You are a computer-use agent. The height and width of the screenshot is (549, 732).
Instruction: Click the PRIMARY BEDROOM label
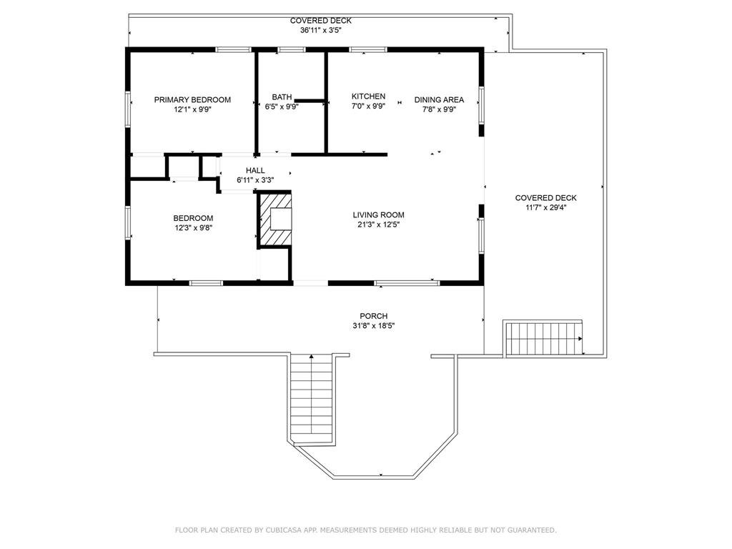[192, 99]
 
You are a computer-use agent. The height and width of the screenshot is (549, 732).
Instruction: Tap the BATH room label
[282, 97]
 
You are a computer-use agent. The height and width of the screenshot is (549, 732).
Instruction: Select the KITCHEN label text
[368, 97]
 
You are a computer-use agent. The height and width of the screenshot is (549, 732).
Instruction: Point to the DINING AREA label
[439, 100]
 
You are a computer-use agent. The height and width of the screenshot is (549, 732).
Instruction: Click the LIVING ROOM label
[378, 214]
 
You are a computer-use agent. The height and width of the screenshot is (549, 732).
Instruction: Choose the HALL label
[255, 171]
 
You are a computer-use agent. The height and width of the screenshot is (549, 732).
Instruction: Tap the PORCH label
[374, 316]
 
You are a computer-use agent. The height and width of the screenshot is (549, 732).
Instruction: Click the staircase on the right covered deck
[544, 339]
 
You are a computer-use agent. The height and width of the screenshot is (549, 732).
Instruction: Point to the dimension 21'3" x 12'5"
[378, 224]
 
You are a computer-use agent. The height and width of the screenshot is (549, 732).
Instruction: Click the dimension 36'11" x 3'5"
[320, 30]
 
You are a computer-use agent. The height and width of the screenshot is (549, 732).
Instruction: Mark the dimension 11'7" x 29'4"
[545, 208]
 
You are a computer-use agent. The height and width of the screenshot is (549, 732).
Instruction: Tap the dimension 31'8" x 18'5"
[374, 326]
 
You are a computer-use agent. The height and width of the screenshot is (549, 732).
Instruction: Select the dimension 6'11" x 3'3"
[255, 180]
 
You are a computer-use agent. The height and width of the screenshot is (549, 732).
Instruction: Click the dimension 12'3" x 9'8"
[192, 228]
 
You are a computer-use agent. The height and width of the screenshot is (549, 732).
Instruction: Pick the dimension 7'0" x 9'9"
[368, 106]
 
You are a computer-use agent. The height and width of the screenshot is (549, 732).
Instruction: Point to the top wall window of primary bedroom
[233, 49]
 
